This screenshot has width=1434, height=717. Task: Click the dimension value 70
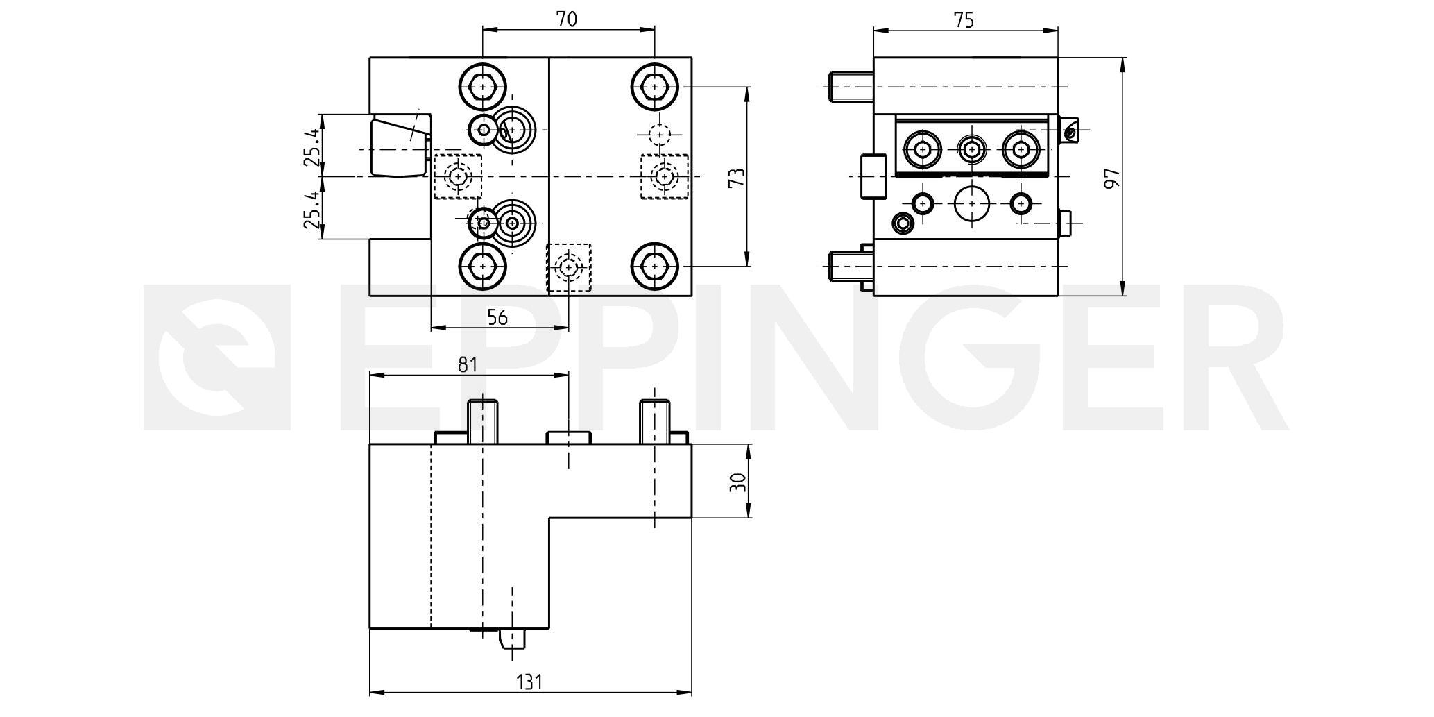567,19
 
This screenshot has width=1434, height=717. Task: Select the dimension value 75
964,20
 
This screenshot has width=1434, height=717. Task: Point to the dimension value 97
1111,178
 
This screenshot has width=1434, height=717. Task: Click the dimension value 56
497,317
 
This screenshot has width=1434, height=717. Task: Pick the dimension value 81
468,364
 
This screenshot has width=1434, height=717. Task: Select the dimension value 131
529,682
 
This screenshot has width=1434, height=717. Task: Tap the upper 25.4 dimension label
312,146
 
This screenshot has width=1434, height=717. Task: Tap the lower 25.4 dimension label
312,210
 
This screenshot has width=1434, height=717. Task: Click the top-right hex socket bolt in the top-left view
654,87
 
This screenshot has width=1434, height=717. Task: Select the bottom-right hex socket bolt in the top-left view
654,266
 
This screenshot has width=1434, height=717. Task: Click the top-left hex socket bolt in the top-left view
482,87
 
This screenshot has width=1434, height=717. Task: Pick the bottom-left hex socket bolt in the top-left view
482,266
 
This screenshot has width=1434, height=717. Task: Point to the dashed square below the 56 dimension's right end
569,267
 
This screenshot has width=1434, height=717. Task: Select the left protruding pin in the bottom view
483,421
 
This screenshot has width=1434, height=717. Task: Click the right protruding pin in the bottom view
655,421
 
